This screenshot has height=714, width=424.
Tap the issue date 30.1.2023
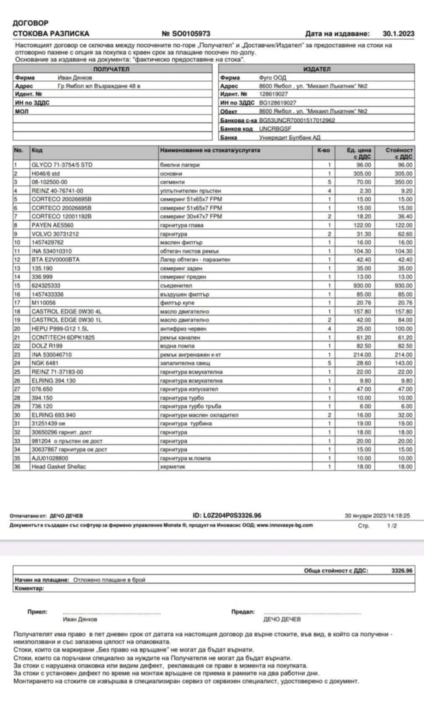(398, 34)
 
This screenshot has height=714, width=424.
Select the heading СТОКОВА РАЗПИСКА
(51, 34)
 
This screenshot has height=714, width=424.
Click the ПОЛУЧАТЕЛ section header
(111, 69)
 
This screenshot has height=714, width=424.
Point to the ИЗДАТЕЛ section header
(316, 69)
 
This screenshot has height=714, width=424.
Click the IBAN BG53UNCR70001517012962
(297, 120)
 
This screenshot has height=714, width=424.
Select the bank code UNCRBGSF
(275, 129)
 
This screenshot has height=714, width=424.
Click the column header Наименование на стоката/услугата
(210, 150)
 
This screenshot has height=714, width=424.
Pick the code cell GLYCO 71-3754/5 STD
(62, 165)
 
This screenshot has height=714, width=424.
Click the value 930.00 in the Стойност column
(405, 285)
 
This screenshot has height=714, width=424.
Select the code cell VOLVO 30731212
(55, 234)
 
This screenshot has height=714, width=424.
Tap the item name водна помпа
(177, 346)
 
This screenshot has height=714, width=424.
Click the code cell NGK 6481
(45, 363)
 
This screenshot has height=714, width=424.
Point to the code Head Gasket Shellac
(58, 466)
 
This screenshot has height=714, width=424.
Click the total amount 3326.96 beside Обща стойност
(401, 570)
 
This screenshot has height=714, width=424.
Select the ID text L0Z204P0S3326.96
(233, 515)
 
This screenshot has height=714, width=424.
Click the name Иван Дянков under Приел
(80, 619)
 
